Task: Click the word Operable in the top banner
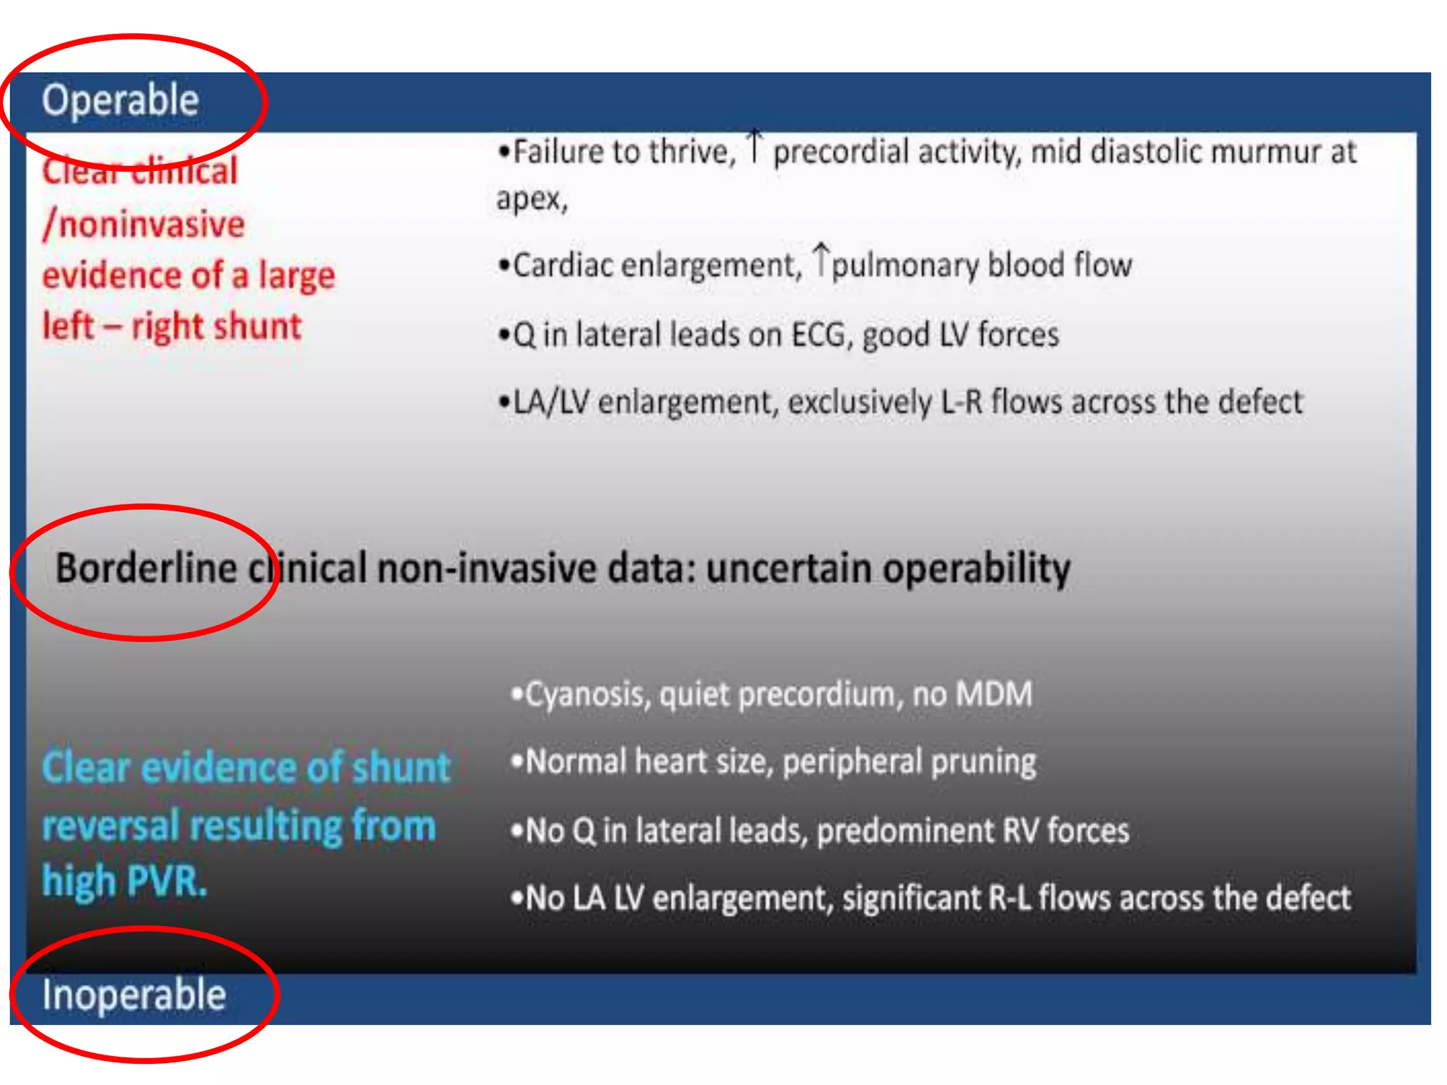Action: click(x=120, y=100)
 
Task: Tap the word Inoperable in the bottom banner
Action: click(x=134, y=995)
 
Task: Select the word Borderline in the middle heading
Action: click(x=146, y=569)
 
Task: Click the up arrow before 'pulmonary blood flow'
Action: click(x=821, y=259)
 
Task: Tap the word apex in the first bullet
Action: click(x=530, y=199)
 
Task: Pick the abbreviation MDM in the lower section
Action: click(x=993, y=694)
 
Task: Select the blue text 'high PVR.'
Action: click(x=125, y=882)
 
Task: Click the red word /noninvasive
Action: click(x=144, y=225)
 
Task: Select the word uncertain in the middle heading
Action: click(x=789, y=569)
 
